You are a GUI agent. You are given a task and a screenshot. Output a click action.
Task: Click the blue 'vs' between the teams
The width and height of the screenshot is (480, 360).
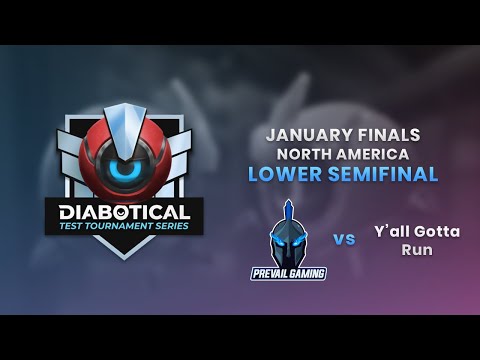click(x=344, y=240)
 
